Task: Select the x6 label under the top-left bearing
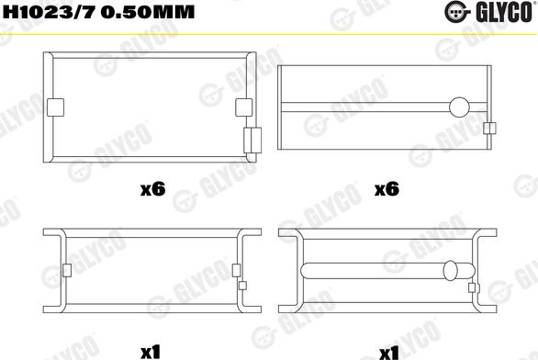click(x=151, y=190)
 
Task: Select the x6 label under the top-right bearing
click(x=387, y=190)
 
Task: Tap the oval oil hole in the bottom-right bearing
click(x=451, y=270)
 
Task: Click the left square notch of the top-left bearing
click(x=54, y=106)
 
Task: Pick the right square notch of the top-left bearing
click(x=243, y=106)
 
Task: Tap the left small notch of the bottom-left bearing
click(x=67, y=270)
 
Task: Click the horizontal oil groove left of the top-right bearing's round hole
click(x=367, y=107)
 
